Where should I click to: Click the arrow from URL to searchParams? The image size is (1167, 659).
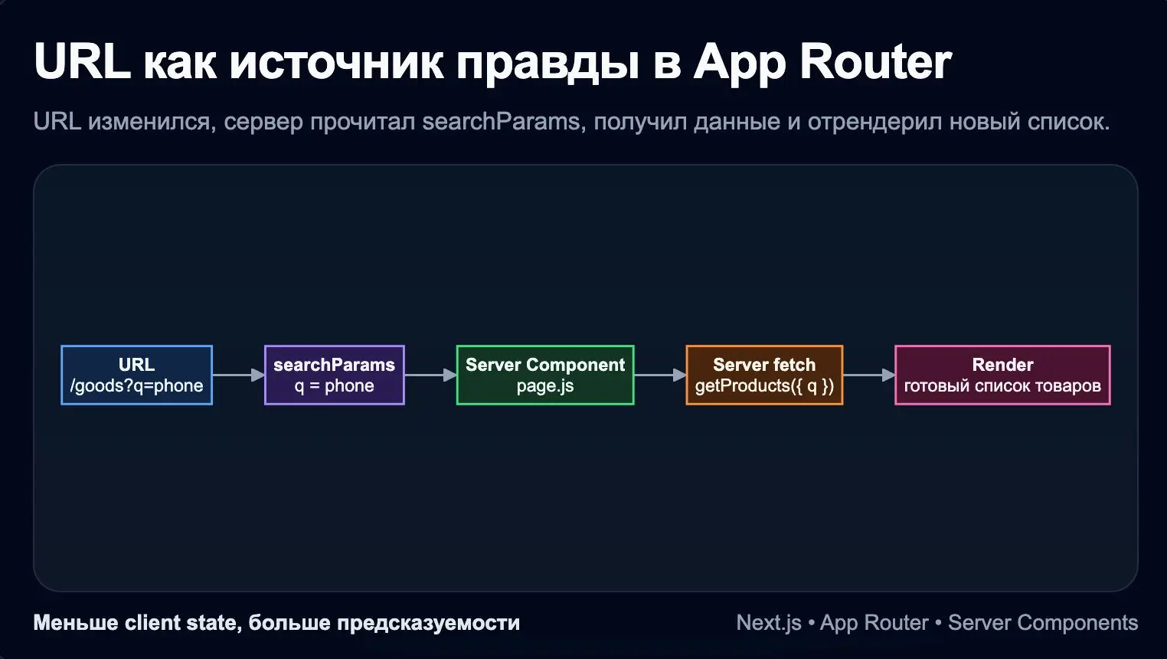coord(238,375)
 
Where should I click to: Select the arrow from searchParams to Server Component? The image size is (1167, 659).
coord(430,375)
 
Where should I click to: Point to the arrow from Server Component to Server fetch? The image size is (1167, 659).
coord(660,375)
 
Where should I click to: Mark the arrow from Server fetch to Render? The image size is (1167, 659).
coord(868,375)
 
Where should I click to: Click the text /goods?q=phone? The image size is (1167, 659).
coord(136,385)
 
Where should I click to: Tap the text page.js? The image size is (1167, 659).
coord(544,385)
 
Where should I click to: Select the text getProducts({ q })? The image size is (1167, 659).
coord(764,385)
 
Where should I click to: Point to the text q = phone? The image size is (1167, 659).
coord(334,385)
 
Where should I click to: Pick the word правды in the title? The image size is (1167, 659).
coord(548,63)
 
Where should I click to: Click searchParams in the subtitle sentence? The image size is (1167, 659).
coord(501,121)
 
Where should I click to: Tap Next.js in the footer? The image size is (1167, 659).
coord(768,623)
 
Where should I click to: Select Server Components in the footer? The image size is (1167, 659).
coord(1042,623)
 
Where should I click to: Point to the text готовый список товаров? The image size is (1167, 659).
coord(1002,385)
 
